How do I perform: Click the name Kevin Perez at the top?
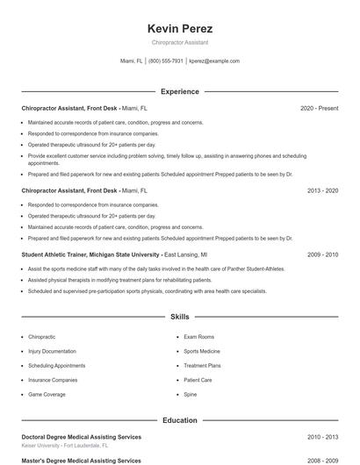pyautogui.click(x=180, y=29)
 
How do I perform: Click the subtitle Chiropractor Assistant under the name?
pyautogui.click(x=180, y=42)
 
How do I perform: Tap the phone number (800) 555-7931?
pyautogui.click(x=166, y=61)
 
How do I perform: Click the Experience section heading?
pyautogui.click(x=180, y=91)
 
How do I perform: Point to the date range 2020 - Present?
pyautogui.click(x=319, y=109)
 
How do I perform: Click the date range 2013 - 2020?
pyautogui.click(x=322, y=190)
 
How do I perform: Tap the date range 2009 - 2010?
pyautogui.click(x=322, y=254)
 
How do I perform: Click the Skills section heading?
pyautogui.click(x=180, y=316)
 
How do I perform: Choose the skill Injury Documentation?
pyautogui.click(x=52, y=351)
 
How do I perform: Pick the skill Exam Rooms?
pyautogui.click(x=198, y=337)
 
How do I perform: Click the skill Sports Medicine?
pyautogui.click(x=203, y=351)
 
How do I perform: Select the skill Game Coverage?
pyautogui.click(x=47, y=395)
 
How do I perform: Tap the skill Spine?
pyautogui.click(x=191, y=395)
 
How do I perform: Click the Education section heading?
pyautogui.click(x=180, y=420)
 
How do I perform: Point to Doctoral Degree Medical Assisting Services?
pyautogui.click(x=81, y=437)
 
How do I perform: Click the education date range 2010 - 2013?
pyautogui.click(x=322, y=437)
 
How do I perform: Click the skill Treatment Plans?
pyautogui.click(x=202, y=366)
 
